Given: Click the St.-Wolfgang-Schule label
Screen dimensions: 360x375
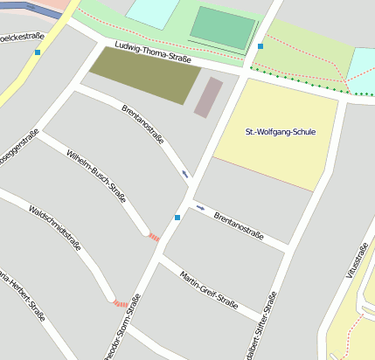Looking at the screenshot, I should click(281, 132).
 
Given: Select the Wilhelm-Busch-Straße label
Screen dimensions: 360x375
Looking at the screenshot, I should click(96, 175).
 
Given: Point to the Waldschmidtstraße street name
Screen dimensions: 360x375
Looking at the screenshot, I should click(55, 229).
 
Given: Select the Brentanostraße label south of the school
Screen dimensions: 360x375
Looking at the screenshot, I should click(239, 222).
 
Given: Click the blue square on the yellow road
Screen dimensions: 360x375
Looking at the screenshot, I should click(37, 52).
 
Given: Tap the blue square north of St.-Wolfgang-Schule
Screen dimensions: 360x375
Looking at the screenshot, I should click(260, 46).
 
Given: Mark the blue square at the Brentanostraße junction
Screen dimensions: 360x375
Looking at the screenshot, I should click(177, 217).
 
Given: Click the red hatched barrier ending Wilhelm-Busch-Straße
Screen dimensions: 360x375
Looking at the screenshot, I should click(154, 237).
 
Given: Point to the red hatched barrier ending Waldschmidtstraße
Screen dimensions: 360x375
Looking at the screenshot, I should click(120, 303).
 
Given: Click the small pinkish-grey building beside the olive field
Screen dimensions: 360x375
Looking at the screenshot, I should click(208, 97).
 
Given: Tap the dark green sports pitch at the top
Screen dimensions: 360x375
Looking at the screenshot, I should click(224, 27).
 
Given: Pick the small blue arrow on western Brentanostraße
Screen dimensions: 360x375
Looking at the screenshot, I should click(185, 174).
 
